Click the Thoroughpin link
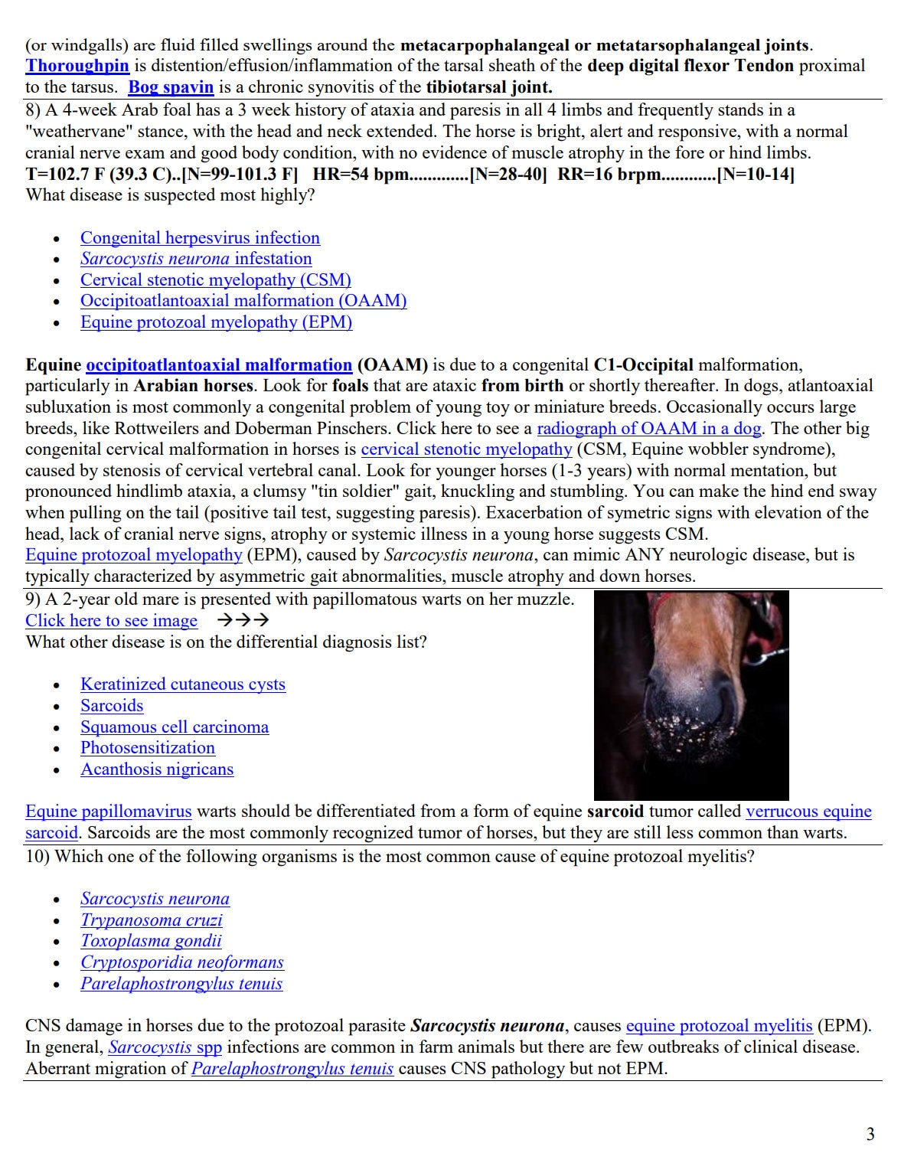pos(77,66)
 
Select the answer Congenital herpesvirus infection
pos(200,238)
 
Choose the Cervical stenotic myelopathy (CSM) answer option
pos(215,280)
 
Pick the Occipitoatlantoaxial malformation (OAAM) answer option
pos(243,301)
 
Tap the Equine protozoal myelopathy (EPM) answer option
pos(216,322)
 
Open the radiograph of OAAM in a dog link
pos(648,428)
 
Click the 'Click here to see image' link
pos(111,621)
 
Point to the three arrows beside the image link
pos(243,621)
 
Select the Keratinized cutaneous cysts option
pos(182,684)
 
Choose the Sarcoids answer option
pos(112,706)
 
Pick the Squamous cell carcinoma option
pos(175,727)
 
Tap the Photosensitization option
pos(148,748)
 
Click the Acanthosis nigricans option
pos(157,769)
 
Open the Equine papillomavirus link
pos(108,812)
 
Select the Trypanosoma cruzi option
pos(151,920)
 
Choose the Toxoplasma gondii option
pos(151,941)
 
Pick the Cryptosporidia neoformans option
pos(181,962)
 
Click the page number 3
pos(870,1134)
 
